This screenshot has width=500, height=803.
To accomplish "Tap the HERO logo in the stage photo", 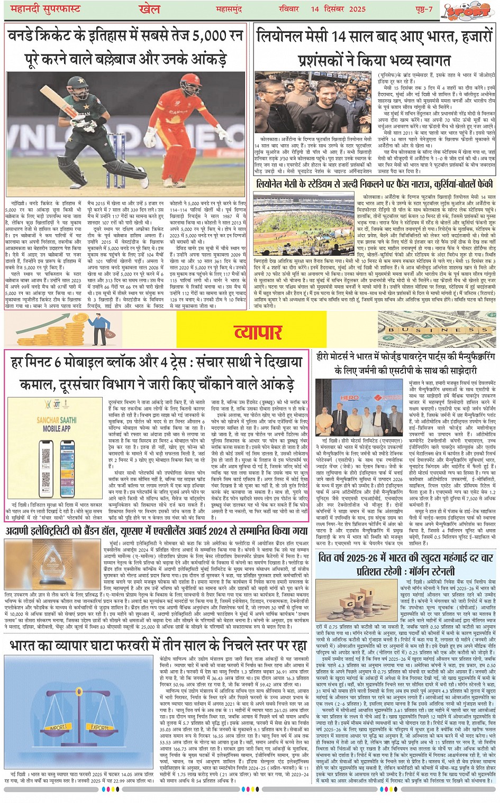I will click(x=349, y=398).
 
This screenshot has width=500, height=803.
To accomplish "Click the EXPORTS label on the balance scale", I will click(x=99, y=727).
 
